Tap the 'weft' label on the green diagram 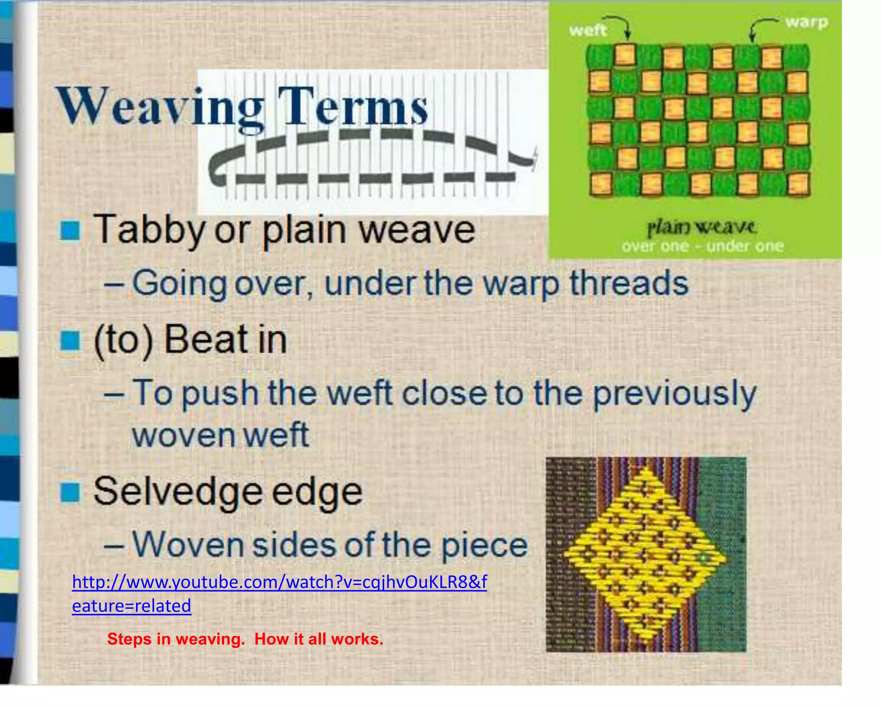[587, 31]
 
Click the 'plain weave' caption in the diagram [701, 227]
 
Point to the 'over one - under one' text [702, 246]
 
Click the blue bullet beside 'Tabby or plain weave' [70, 231]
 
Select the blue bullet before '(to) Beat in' [70, 341]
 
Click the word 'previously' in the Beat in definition [674, 394]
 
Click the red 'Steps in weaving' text [176, 639]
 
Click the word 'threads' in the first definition [629, 284]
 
